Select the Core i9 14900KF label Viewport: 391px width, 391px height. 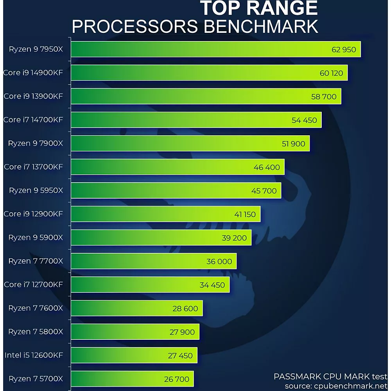[33, 73]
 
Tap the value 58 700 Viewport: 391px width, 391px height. [324, 97]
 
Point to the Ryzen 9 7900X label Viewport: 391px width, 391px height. [35, 143]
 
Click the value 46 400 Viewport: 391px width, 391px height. [267, 167]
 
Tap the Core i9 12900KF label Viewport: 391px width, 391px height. [33, 214]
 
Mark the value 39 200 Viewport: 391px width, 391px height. [234, 238]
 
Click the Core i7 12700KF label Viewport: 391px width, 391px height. [33, 285]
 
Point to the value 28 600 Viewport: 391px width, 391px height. [185, 308]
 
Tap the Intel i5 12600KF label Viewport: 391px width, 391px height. [34, 355]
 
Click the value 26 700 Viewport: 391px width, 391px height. [177, 379]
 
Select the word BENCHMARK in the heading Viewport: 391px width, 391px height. [261, 26]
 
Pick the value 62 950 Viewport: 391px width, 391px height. [344, 50]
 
